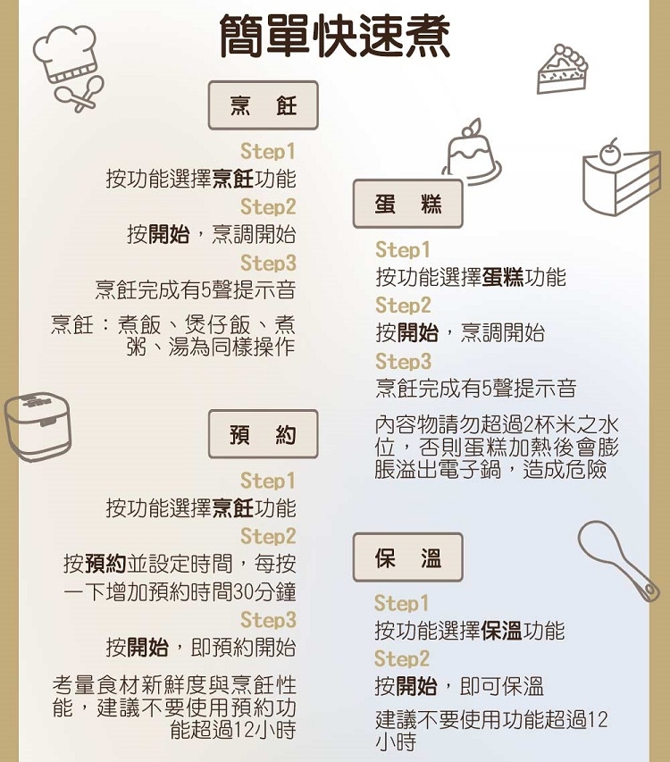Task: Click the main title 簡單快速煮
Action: pyautogui.click(x=335, y=38)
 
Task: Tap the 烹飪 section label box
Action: pyautogui.click(x=263, y=106)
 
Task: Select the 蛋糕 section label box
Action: pyautogui.click(x=408, y=205)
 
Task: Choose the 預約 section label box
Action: pyautogui.click(x=263, y=435)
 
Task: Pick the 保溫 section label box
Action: pyautogui.click(x=408, y=558)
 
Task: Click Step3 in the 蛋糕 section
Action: pyautogui.click(x=404, y=362)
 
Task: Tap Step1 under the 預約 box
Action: pyautogui.click(x=267, y=482)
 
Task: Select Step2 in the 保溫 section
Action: pyautogui.click(x=402, y=659)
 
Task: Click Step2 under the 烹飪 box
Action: pyautogui.click(x=267, y=207)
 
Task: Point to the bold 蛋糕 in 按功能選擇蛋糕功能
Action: pyautogui.click(x=502, y=278)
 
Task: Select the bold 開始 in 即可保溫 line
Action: pyautogui.click(x=417, y=687)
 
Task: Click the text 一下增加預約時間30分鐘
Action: pyautogui.click(x=180, y=592)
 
